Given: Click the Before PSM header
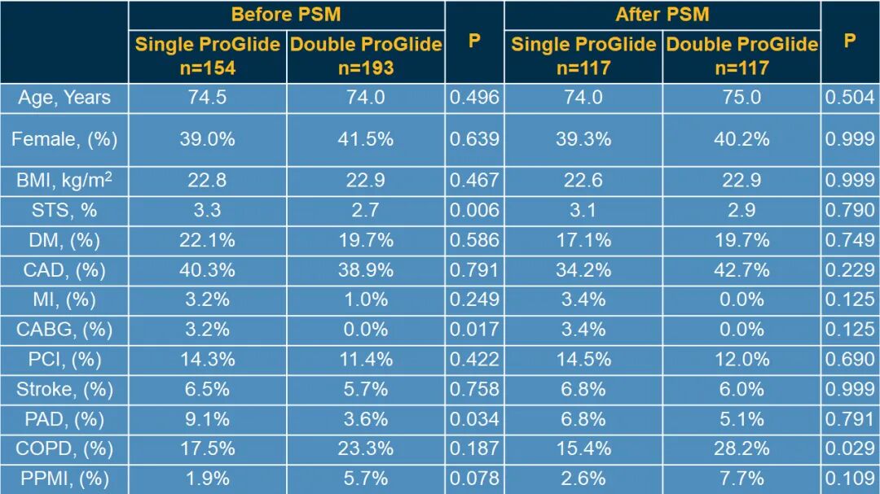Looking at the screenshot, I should tap(285, 15).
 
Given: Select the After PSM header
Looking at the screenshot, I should tap(662, 15).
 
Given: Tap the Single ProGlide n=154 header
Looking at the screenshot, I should tap(207, 55).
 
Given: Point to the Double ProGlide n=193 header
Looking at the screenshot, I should tap(366, 55).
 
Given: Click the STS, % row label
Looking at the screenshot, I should tap(64, 210).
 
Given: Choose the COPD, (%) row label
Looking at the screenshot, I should tap(64, 448).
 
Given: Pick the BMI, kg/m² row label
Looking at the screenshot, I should tap(64, 181).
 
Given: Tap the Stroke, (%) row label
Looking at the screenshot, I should tap(64, 389).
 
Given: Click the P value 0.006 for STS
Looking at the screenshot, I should tap(474, 210).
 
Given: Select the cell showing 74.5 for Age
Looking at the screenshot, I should tap(207, 98).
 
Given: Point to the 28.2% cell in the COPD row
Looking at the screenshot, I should tap(741, 448).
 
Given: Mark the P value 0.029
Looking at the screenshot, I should tap(850, 448).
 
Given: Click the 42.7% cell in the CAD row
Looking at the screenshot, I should tap(741, 269).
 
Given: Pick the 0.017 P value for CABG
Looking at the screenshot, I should tap(474, 330).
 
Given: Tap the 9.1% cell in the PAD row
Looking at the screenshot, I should tap(207, 419).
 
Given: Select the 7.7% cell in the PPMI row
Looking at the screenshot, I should tap(741, 479).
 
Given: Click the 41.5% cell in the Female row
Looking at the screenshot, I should tap(366, 139).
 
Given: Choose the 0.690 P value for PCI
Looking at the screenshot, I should tap(850, 359).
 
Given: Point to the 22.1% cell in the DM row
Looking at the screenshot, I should tap(207, 240).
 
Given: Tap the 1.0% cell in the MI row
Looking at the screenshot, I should tap(366, 299).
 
